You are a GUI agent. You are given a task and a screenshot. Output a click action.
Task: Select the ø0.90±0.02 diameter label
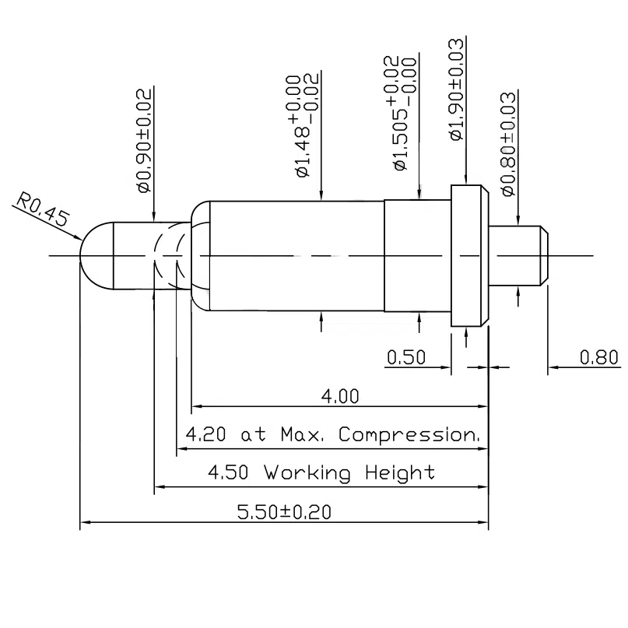144,140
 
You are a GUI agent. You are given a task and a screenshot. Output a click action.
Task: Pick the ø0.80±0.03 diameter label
509,143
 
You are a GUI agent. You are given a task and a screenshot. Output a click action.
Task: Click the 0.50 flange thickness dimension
406,357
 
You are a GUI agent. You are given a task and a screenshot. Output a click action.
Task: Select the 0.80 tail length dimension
599,357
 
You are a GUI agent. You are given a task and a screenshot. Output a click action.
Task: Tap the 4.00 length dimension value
341,397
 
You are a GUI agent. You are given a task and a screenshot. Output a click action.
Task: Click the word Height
398,472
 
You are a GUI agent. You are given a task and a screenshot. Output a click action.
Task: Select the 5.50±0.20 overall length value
284,512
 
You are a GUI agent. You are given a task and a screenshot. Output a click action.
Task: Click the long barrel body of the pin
296,254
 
